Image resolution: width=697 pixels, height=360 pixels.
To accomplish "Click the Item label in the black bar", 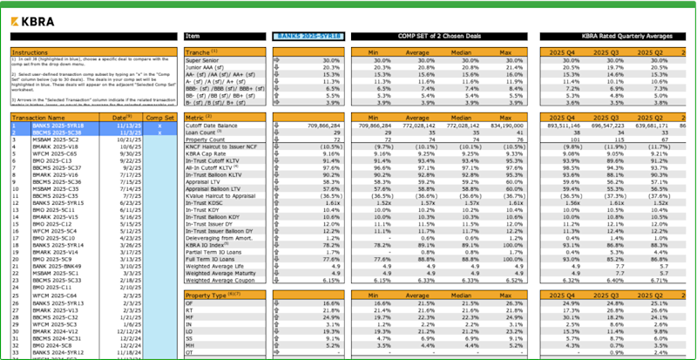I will click(x=193, y=37).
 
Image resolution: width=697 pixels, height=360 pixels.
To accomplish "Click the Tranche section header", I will click(x=203, y=52).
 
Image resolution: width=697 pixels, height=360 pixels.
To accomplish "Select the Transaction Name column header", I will click(x=43, y=116).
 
